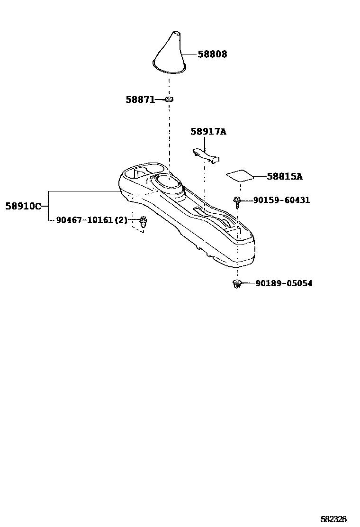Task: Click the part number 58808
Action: pos(212,55)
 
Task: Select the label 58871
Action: pos(140,100)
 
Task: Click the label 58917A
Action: pos(208,131)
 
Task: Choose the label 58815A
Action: pos(284,177)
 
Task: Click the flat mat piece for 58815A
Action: pos(239,176)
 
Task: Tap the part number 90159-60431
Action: pos(281,200)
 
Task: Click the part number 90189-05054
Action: pos(284,283)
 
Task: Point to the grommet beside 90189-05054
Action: pos(236,284)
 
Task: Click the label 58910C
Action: pos(23,206)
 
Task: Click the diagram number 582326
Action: pos(333,519)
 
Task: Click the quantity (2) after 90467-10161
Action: pos(121,220)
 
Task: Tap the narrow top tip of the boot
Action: pos(176,34)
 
